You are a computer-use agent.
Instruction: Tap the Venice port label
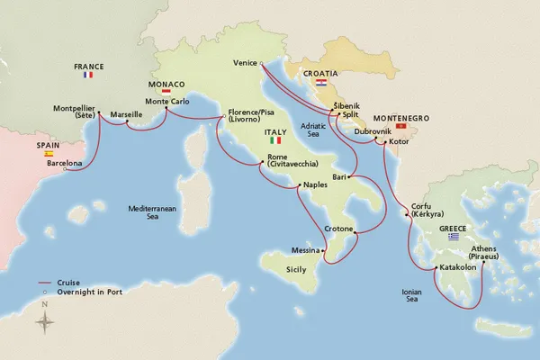[244, 63]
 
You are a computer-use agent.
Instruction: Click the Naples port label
[315, 184]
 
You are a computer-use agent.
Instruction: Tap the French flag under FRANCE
[88, 75]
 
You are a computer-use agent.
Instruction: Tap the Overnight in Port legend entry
[88, 292]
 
